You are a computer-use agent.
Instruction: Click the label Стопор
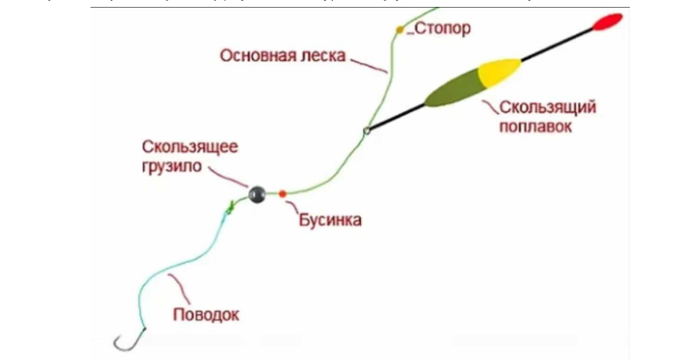[443, 28]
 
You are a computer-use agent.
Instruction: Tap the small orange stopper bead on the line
[399, 30]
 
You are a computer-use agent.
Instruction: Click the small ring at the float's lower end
[366, 131]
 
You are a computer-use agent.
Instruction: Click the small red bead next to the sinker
[282, 194]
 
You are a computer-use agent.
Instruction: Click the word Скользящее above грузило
[190, 147]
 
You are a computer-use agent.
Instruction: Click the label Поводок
[204, 314]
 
